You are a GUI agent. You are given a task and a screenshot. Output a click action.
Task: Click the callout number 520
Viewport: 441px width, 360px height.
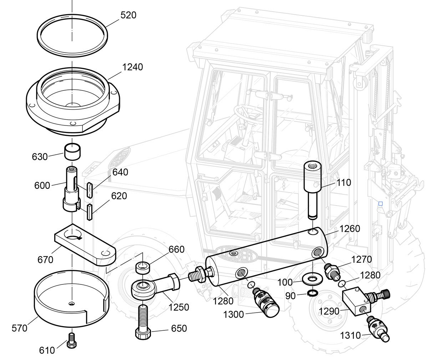(128, 15)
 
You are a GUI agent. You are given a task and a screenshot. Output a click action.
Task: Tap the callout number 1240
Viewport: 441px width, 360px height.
(132, 67)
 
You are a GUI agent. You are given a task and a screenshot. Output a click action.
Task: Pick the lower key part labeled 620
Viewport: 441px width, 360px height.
(89, 212)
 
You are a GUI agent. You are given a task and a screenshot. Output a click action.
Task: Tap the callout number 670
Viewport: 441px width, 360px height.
(45, 259)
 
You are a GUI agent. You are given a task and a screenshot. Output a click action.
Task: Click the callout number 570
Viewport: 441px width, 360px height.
(19, 328)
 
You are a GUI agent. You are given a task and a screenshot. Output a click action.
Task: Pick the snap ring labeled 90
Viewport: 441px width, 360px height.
(312, 293)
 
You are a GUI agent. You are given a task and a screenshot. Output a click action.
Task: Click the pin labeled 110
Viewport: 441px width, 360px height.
(313, 189)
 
